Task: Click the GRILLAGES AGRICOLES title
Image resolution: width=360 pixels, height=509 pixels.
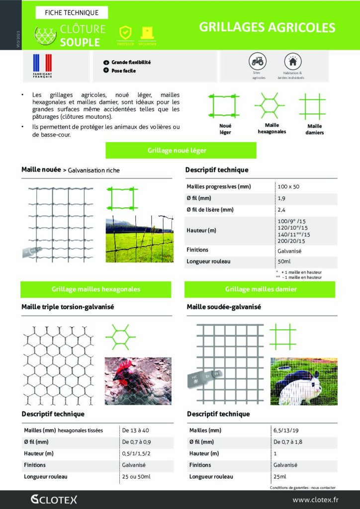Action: tap(267, 27)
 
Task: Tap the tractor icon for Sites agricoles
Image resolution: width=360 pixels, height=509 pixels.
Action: tap(257, 62)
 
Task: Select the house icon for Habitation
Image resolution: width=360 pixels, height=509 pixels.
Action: tap(293, 62)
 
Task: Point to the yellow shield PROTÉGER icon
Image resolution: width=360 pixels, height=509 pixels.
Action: tap(125, 33)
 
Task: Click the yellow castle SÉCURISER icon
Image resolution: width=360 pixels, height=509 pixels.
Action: tap(148, 33)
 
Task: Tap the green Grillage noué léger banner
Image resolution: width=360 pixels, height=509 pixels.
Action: tap(180, 150)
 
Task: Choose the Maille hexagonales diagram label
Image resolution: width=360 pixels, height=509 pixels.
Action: tap(271, 129)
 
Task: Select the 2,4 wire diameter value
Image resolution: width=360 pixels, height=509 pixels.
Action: tap(282, 210)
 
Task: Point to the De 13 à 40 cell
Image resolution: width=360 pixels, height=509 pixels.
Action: tap(136, 430)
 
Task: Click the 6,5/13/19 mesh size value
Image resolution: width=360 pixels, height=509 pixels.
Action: tap(288, 430)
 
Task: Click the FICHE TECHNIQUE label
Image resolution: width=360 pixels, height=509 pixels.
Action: tap(72, 12)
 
